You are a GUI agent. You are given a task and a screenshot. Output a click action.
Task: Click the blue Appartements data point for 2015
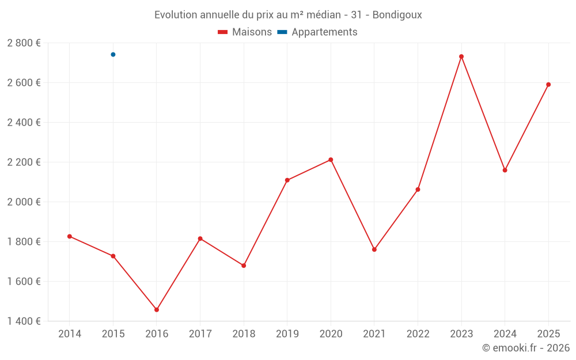113,55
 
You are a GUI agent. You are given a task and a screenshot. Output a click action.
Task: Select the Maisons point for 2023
461,56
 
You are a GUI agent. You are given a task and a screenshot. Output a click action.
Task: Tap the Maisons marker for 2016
157,310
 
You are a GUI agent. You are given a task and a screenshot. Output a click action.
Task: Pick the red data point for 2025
548,85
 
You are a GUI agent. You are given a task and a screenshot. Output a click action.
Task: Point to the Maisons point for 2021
374,249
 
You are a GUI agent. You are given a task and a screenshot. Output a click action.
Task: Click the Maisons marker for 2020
331,160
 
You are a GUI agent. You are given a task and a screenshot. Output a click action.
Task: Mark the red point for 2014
70,236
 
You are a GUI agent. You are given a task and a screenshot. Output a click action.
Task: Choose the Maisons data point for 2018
244,266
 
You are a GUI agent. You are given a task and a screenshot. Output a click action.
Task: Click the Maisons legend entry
245,32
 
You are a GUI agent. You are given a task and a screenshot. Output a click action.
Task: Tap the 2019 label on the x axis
287,334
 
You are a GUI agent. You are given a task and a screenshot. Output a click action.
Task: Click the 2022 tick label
418,334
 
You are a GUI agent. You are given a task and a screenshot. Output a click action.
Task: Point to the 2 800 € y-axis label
24,43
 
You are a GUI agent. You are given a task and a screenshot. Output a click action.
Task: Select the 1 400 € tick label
24,321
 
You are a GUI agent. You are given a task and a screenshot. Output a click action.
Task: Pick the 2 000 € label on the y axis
24,202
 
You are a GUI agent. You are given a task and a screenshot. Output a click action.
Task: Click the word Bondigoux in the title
397,15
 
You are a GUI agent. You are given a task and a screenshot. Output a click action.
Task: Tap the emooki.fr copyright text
526,348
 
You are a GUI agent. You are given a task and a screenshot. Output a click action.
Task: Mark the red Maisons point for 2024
505,170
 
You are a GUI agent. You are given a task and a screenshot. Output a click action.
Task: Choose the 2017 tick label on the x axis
200,334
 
